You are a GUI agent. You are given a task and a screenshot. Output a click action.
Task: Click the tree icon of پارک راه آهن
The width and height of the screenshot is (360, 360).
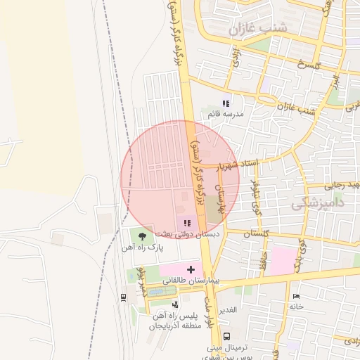point(143,236)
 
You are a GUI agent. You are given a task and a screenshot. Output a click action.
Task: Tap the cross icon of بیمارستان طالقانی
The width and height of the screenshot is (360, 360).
point(191,269)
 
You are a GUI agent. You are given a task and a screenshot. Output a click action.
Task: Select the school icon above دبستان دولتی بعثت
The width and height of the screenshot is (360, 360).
point(187,223)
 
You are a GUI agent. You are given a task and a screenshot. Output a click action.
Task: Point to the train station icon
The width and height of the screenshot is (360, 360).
point(124,297)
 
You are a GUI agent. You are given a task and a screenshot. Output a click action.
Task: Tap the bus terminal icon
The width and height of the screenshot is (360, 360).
point(226,336)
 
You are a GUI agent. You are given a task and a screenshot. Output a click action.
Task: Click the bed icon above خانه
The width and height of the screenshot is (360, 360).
point(295,296)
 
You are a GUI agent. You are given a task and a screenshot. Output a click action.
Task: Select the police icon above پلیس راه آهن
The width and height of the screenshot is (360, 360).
point(175,304)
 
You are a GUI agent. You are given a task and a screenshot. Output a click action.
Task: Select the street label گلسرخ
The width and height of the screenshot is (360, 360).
point(309,65)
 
